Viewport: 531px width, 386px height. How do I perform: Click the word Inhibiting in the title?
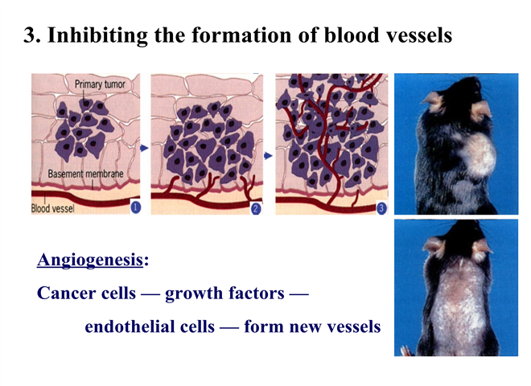[97, 35]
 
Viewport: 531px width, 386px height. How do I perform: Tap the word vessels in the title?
[420, 35]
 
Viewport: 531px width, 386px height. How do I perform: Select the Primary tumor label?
[100, 84]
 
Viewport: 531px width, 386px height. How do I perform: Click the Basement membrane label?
[85, 174]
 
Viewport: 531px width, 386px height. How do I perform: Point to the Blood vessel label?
[52, 208]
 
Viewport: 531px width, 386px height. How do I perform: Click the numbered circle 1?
[135, 207]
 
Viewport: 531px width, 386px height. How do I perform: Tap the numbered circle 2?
[256, 208]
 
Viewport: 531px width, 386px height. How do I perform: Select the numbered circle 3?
[381, 208]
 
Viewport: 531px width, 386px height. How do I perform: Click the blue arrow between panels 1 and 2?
[145, 148]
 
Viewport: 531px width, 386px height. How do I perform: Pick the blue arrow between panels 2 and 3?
[268, 156]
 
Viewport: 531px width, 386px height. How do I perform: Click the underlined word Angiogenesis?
[90, 261]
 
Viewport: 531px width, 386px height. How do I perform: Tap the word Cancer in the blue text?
[63, 293]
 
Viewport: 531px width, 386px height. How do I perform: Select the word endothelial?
[150, 326]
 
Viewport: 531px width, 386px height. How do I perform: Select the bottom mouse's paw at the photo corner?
[406, 351]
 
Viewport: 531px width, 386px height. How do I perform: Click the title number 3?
[31, 35]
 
